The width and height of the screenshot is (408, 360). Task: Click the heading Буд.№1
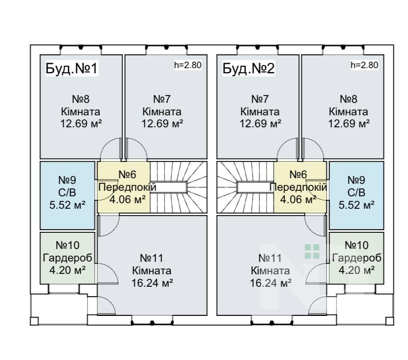tap(72, 69)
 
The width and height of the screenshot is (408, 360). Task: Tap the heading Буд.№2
tap(249, 69)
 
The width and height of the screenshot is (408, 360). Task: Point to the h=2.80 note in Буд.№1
tap(188, 66)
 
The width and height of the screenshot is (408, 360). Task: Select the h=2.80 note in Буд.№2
tap(364, 66)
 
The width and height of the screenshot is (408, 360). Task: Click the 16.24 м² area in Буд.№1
tap(153, 283)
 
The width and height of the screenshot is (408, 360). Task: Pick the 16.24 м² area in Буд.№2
tap(271, 283)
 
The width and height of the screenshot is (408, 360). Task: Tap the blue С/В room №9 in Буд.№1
tap(67, 195)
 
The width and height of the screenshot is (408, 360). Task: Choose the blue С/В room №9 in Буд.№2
tap(357, 195)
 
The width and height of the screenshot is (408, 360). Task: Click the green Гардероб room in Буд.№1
tap(67, 257)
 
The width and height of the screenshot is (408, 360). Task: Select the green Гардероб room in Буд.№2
tap(357, 257)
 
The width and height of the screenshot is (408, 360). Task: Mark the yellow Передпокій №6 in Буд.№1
tap(123, 187)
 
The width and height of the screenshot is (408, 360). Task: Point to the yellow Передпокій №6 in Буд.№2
tap(300, 187)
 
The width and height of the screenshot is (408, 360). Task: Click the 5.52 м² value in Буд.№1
tap(67, 205)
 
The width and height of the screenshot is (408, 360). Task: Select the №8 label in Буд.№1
tap(81, 99)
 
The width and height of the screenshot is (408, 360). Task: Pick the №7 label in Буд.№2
tap(260, 99)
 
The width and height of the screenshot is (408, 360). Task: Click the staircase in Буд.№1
tap(178, 187)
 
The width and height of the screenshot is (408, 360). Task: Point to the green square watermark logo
tap(312, 251)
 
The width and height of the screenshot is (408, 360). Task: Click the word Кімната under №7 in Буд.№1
tap(162, 112)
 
